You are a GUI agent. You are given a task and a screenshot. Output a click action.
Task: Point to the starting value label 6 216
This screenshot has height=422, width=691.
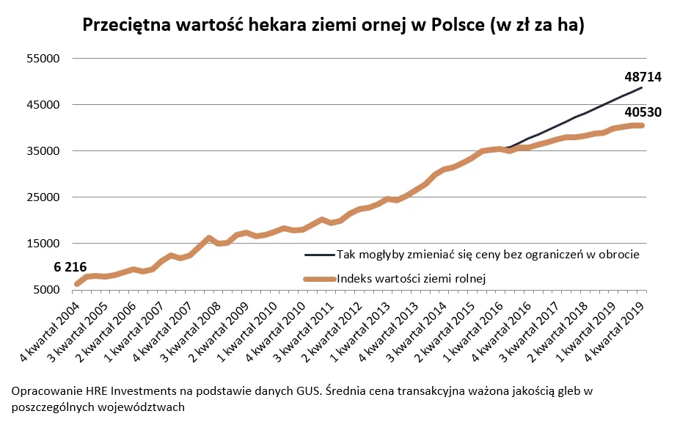click(70, 267)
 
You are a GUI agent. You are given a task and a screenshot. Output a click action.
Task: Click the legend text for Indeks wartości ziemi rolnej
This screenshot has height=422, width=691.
click(411, 278)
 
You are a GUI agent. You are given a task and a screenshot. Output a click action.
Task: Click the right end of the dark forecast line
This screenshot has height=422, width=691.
click(643, 88)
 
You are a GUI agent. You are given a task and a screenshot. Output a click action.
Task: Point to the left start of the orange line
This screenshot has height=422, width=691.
click(76, 284)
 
